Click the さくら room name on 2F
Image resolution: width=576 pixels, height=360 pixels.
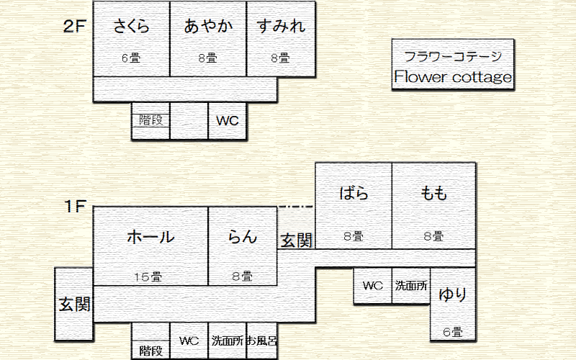click(x=131, y=26)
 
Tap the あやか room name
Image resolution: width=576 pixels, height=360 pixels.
click(x=208, y=26)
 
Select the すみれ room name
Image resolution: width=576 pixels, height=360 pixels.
click(x=281, y=26)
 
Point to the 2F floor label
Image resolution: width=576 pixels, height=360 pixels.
click(x=75, y=26)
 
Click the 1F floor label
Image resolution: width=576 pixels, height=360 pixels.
click(x=75, y=206)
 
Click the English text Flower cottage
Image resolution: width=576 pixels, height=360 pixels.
click(x=453, y=77)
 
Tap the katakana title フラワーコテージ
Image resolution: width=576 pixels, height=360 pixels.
click(x=453, y=57)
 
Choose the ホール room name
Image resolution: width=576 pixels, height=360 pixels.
click(x=150, y=237)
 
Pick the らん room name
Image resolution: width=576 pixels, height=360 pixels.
click(x=242, y=237)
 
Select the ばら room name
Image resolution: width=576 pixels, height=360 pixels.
click(x=354, y=193)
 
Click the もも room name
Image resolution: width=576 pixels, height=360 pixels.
click(x=434, y=193)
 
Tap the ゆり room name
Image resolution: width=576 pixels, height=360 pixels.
click(x=453, y=294)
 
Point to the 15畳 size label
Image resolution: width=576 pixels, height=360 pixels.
click(x=148, y=276)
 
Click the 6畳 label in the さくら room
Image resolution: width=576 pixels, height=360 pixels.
click(x=131, y=58)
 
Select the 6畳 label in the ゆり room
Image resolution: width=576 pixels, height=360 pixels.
click(x=453, y=332)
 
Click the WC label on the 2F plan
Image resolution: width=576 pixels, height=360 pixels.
click(x=228, y=121)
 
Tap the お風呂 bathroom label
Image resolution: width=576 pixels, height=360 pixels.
click(x=261, y=341)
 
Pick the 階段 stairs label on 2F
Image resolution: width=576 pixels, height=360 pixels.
click(x=150, y=120)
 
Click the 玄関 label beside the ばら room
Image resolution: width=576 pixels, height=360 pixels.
click(x=296, y=240)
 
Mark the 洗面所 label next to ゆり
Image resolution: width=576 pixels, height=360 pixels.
click(x=411, y=285)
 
